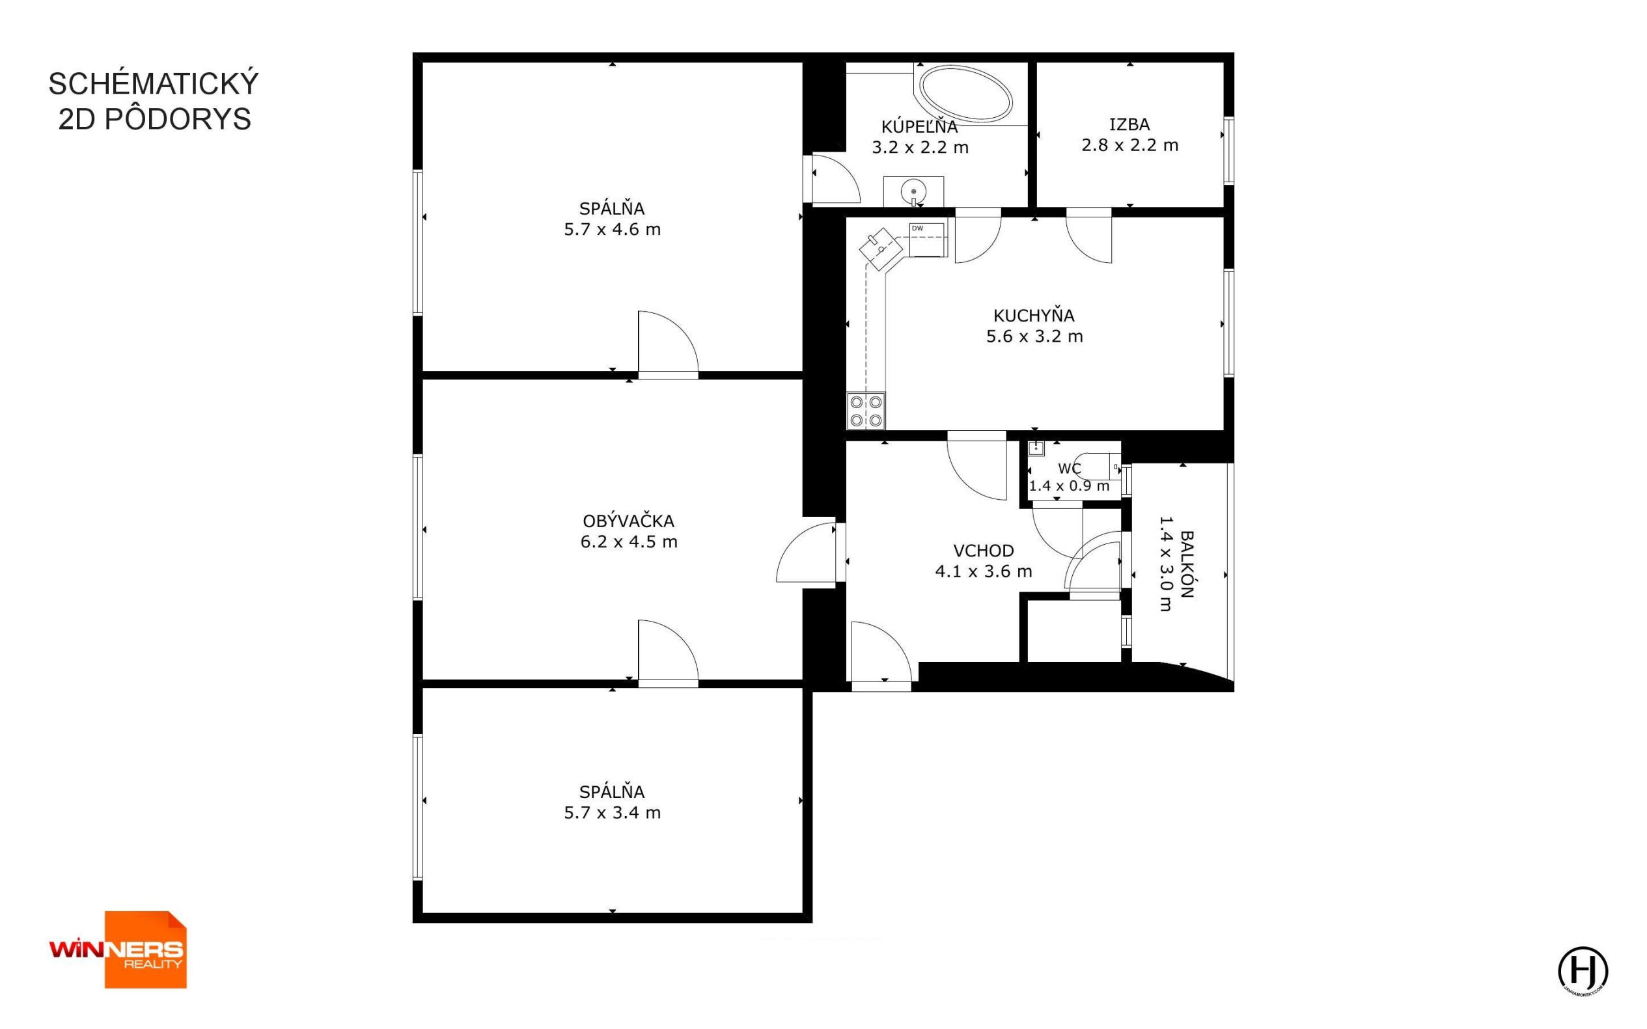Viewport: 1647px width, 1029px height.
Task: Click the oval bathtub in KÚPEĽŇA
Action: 966,94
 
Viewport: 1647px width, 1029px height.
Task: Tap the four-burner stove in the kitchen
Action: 866,411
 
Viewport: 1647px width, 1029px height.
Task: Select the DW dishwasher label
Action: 917,228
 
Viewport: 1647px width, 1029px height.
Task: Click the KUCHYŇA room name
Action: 1034,316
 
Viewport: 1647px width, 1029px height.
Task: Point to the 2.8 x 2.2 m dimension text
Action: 1129,145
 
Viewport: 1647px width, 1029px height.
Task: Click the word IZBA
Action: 1129,124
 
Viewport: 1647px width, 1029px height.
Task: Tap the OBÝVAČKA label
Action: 629,521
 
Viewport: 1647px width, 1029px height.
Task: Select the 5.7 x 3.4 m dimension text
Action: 613,812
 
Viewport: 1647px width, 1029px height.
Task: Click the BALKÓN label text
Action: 1187,564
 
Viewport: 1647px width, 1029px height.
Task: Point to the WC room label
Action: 1069,469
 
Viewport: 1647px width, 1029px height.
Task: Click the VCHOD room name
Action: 984,551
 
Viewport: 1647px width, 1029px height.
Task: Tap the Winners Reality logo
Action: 117,950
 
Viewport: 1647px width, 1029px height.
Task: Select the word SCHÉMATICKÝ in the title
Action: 154,84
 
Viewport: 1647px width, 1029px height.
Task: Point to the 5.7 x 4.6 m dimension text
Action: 613,229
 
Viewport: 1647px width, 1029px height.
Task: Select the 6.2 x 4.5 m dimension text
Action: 629,542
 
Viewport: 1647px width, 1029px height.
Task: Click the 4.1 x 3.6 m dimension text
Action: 984,571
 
